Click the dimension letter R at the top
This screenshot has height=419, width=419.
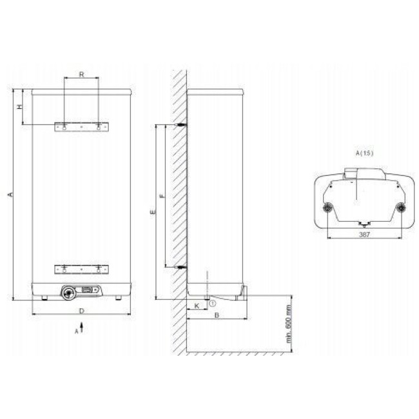(81, 74)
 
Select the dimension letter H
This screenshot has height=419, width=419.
(20, 106)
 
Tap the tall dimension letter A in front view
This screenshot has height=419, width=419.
(10, 194)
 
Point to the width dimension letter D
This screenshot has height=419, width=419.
(82, 311)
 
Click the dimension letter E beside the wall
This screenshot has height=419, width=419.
(153, 212)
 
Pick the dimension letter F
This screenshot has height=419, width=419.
(162, 196)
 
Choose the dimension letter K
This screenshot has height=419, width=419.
(197, 306)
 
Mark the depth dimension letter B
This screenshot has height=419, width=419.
(217, 315)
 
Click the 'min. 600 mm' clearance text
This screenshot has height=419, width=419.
(289, 324)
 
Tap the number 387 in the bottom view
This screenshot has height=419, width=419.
(364, 235)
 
